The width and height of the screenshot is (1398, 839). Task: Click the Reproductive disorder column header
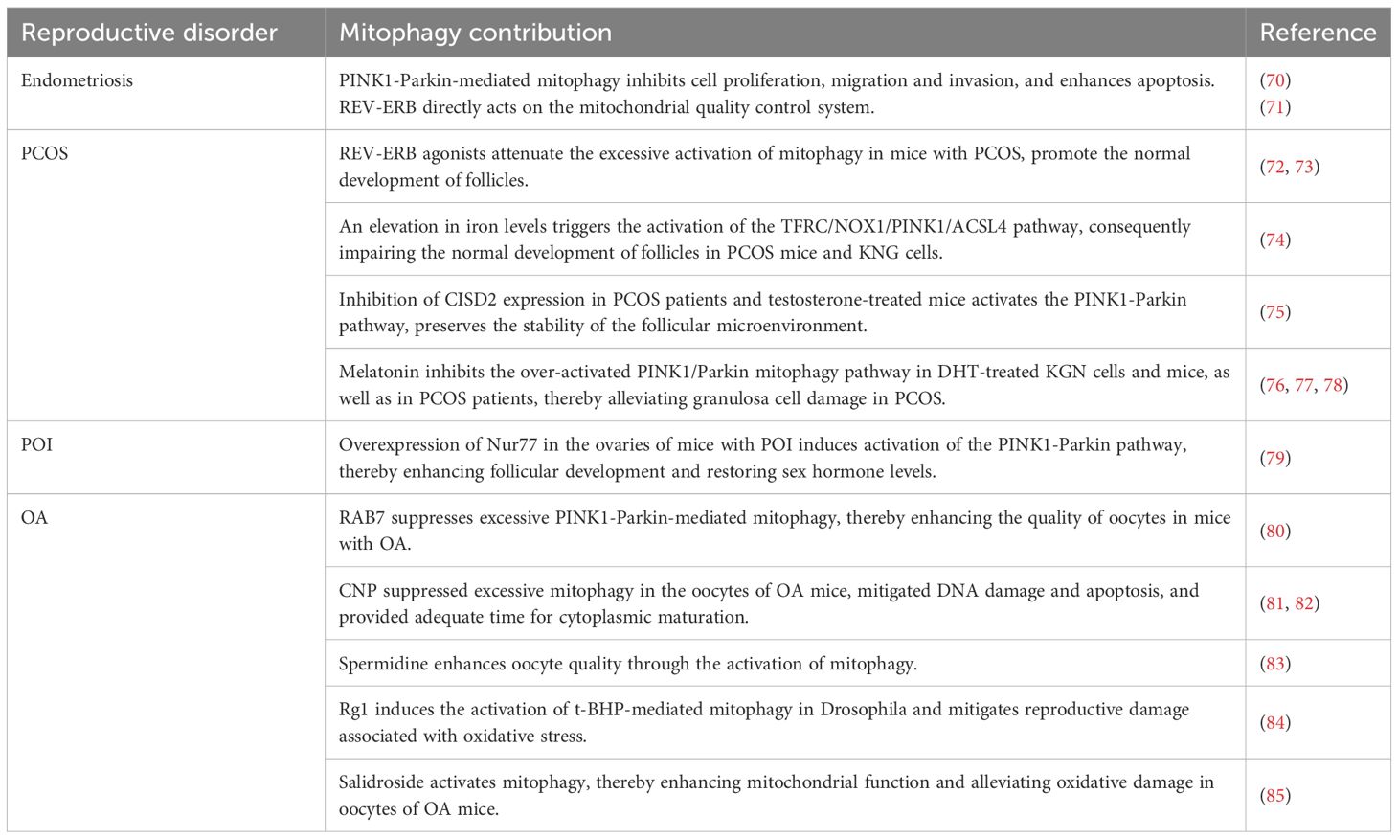tap(148, 33)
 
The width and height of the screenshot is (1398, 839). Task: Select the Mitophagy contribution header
tap(475, 33)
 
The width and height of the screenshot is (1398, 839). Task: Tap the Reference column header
tap(1318, 33)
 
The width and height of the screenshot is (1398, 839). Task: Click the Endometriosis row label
tap(77, 80)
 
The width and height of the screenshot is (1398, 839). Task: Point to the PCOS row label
tap(44, 153)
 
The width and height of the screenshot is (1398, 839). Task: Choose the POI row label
tap(36, 444)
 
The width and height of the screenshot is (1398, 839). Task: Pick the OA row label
tap(34, 518)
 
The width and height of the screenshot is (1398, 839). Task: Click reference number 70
tap(1275, 80)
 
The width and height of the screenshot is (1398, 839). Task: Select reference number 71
tap(1275, 107)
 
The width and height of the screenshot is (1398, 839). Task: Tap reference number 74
tap(1275, 239)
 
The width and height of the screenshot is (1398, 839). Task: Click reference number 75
tap(1275, 312)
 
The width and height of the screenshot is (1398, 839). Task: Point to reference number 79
tap(1275, 458)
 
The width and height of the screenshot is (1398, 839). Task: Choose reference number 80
tap(1275, 531)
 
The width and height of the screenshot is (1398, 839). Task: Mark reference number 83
tap(1275, 663)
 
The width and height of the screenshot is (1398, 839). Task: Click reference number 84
tap(1275, 722)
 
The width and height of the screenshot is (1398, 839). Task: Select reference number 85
tap(1275, 795)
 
